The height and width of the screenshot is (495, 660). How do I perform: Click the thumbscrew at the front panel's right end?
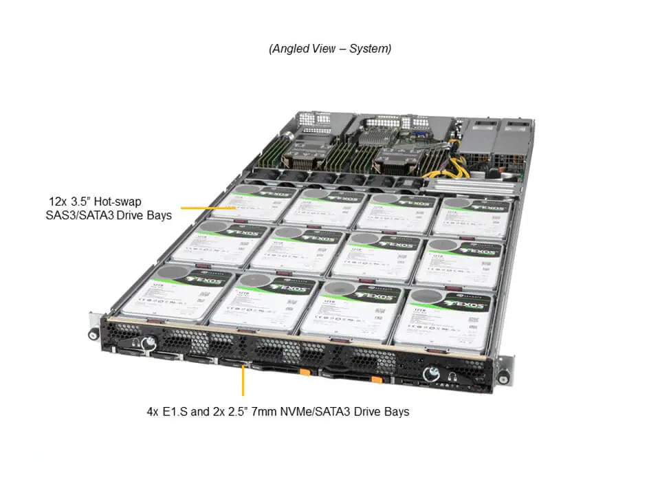(432, 374)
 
